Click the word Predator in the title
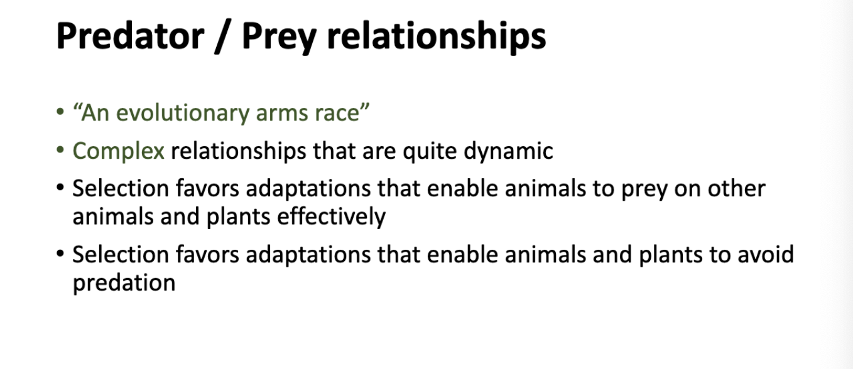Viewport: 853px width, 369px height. point(130,36)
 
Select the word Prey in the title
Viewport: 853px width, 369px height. point(279,38)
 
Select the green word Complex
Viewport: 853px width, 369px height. point(119,151)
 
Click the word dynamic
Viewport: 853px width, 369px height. point(508,151)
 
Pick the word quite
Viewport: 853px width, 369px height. point(430,151)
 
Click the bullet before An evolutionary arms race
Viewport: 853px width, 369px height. point(60,112)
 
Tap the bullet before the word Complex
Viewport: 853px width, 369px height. point(60,149)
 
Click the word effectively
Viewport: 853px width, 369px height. point(331,217)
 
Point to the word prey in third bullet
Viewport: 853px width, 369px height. point(644,190)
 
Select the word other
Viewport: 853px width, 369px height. point(736,189)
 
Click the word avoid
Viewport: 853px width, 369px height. point(766,255)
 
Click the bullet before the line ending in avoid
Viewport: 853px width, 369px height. point(60,253)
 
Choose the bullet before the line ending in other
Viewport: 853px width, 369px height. point(60,187)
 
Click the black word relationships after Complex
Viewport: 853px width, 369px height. point(239,151)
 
